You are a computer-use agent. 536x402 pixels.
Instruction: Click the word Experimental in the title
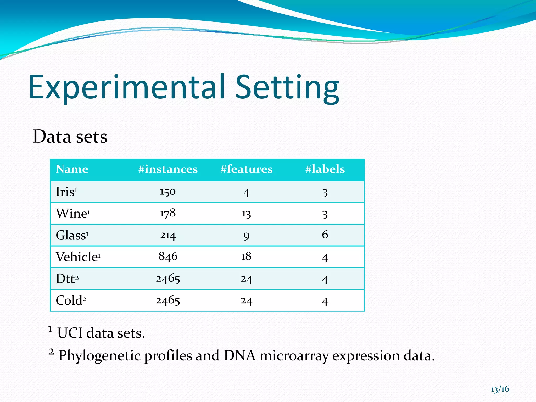[x=127, y=88]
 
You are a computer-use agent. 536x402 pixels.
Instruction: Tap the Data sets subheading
[x=70, y=137]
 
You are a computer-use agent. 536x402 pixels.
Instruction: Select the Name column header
[x=72, y=169]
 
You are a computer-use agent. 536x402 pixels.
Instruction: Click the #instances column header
[x=168, y=169]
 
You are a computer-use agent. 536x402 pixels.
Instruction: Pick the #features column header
[x=246, y=169]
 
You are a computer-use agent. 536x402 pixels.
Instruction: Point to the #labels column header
[x=325, y=169]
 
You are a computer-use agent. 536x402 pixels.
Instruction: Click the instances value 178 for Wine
[x=168, y=213]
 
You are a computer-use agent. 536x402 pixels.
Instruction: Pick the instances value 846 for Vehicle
[x=168, y=256]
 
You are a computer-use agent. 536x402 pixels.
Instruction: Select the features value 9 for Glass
[x=246, y=236]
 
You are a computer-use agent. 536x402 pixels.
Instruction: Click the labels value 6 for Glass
[x=325, y=234]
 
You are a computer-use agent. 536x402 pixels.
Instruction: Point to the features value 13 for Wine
[x=246, y=214]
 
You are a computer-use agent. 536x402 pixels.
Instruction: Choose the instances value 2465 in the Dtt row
[x=168, y=278]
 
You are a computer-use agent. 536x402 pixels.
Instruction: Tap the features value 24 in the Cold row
[x=246, y=301]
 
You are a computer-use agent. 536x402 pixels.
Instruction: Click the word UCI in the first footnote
[x=70, y=333]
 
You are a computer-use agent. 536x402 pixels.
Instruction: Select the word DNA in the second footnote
[x=239, y=356]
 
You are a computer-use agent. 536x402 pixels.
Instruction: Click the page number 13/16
[x=500, y=389]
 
